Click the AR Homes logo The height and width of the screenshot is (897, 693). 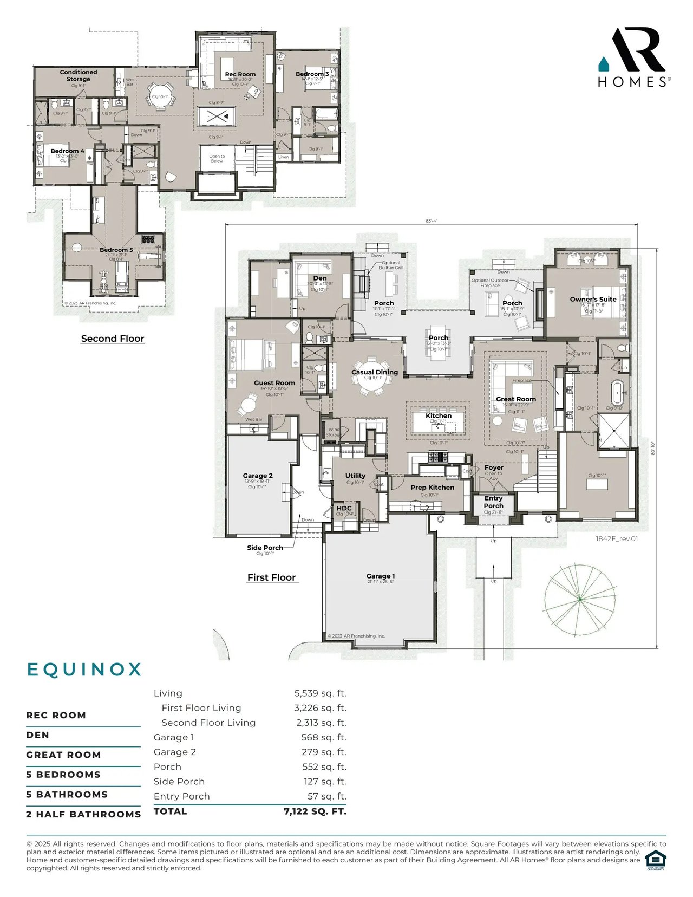tap(634, 57)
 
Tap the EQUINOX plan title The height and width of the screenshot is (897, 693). tap(84, 669)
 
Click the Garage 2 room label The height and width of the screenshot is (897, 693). tap(258, 476)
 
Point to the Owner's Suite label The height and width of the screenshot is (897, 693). tap(593, 299)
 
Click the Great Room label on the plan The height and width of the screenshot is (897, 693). tap(515, 399)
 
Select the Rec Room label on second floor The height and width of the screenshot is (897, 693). tap(240, 74)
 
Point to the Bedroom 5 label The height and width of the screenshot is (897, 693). tap(116, 250)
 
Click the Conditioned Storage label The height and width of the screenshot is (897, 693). tap(79, 75)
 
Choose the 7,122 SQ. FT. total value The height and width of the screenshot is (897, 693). tap(315, 811)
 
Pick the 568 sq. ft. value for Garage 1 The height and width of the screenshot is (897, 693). tap(323, 737)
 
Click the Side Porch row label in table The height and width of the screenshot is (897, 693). tap(179, 782)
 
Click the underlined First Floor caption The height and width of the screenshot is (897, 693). tap(271, 577)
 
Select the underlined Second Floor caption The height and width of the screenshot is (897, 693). tap(113, 339)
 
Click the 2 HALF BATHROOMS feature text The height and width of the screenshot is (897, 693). tap(83, 814)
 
